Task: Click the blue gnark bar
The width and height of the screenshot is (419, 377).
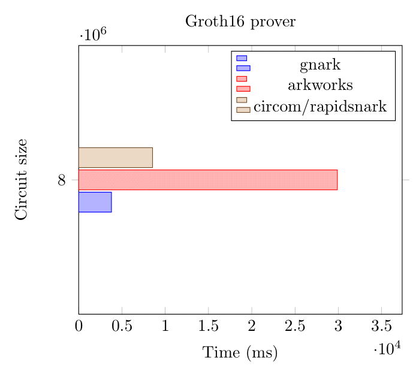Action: pyautogui.click(x=95, y=202)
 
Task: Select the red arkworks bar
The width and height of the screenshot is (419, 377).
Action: pyautogui.click(x=207, y=180)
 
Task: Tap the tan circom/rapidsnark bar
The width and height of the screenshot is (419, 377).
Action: pyautogui.click(x=115, y=158)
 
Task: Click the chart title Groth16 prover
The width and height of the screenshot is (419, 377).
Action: pyautogui.click(x=240, y=22)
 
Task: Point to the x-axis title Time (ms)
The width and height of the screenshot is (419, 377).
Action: pyautogui.click(x=240, y=353)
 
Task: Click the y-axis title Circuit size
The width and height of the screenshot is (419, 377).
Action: pyautogui.click(x=22, y=179)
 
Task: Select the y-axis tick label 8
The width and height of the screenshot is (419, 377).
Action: pyautogui.click(x=62, y=180)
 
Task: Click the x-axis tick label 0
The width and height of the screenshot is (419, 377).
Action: pyautogui.click(x=79, y=327)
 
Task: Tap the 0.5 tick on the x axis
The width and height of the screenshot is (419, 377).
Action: pyautogui.click(x=122, y=327)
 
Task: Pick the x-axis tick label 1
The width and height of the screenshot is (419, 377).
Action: pyautogui.click(x=165, y=327)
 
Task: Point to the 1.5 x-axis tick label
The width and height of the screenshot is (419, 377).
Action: pyautogui.click(x=208, y=327)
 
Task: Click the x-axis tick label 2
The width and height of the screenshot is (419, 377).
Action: pyautogui.click(x=252, y=327)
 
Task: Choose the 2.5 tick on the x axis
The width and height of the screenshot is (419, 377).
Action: pyautogui.click(x=295, y=327)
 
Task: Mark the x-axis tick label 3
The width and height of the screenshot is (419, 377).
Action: pyautogui.click(x=338, y=327)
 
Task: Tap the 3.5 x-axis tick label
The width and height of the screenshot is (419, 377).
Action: pyautogui.click(x=381, y=327)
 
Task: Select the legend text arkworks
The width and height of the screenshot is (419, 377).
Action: pyautogui.click(x=319, y=85)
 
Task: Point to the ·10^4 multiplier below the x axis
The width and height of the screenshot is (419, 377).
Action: pyautogui.click(x=387, y=348)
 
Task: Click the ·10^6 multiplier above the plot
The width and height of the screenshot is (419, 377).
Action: pyautogui.click(x=93, y=35)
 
